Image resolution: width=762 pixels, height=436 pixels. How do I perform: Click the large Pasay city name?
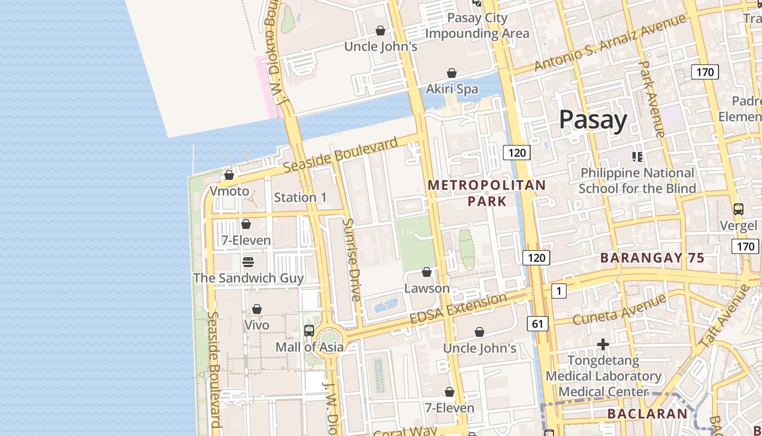point(593,119)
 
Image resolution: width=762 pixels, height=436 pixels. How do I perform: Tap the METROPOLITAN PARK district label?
point(486,193)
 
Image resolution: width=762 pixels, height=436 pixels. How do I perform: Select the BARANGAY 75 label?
point(652,258)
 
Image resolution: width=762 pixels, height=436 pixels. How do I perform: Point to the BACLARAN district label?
point(647,414)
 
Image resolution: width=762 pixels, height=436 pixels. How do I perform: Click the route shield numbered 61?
point(538,324)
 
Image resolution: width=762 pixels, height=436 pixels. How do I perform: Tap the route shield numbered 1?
point(558,291)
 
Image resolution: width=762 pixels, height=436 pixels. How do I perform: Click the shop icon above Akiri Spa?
point(451,73)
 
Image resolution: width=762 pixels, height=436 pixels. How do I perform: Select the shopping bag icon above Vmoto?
point(229,175)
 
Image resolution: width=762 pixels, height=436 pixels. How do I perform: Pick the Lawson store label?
point(427,288)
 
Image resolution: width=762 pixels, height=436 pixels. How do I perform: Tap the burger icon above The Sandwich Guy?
point(248,262)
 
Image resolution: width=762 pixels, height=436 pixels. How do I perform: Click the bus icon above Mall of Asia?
point(309,330)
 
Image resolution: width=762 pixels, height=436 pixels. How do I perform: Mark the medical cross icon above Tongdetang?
point(603,344)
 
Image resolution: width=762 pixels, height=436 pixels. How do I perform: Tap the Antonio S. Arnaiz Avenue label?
point(609,43)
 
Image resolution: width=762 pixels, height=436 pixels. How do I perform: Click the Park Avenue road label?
point(651,98)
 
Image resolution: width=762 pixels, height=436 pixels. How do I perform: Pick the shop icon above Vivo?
point(257,309)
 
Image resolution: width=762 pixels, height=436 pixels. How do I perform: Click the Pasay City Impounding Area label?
point(477,26)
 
